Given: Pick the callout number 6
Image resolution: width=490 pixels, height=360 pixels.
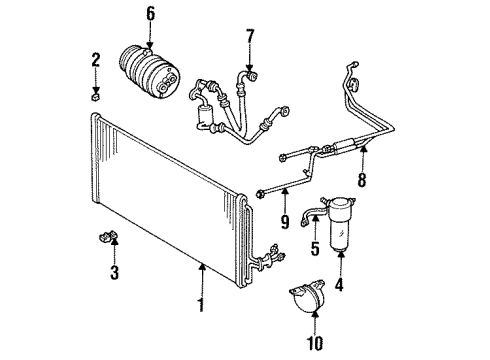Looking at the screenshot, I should pos(151,13).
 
